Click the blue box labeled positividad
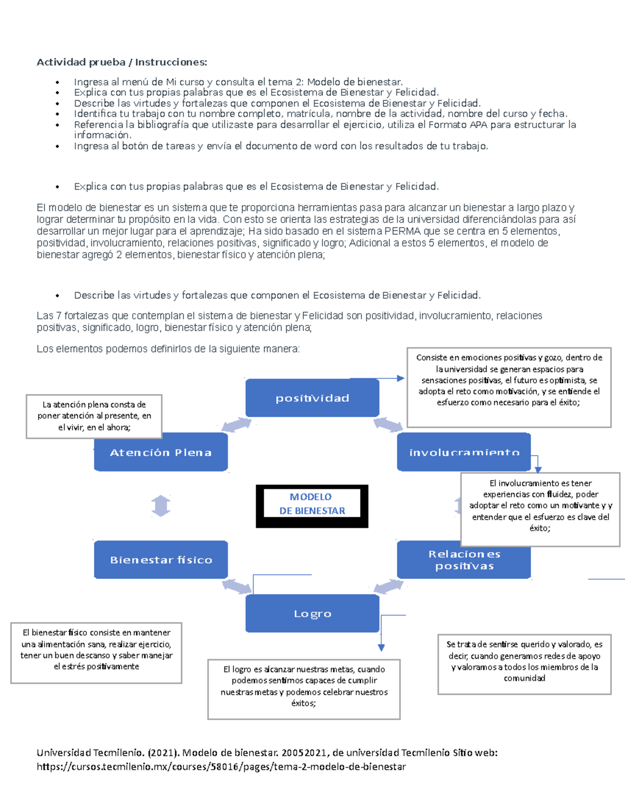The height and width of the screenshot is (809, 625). (x=312, y=398)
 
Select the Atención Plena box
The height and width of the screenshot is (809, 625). (x=160, y=453)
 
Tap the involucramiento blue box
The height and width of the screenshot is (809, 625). (x=464, y=452)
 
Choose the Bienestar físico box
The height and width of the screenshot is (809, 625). (x=160, y=560)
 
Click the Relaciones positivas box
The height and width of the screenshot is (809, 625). (x=464, y=560)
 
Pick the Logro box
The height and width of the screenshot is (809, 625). (x=312, y=614)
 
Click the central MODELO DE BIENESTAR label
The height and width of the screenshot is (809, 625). (x=312, y=504)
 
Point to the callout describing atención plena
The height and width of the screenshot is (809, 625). (x=94, y=416)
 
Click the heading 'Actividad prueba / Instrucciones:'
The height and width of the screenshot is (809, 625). (x=121, y=63)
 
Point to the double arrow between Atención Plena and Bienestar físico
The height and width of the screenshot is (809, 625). (x=161, y=506)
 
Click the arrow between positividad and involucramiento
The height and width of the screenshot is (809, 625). (x=388, y=425)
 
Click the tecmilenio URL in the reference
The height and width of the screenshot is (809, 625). (x=221, y=767)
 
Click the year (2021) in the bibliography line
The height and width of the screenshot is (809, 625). (x=164, y=753)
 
